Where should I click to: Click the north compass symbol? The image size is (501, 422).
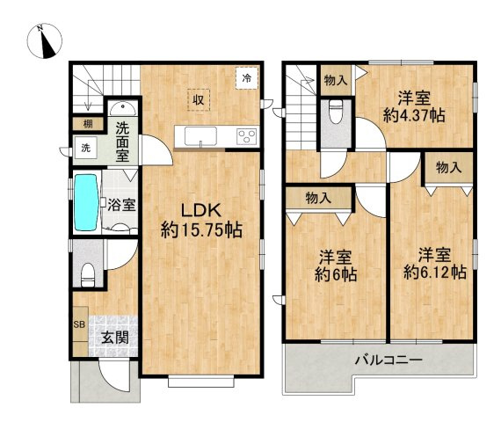[x=45, y=41]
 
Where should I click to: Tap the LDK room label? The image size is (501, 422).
[x=201, y=211]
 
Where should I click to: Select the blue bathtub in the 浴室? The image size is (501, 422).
[x=86, y=202]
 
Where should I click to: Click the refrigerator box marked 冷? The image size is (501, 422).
[x=247, y=78]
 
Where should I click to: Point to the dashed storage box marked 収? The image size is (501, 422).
[x=199, y=100]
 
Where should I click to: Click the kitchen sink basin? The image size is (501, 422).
[x=200, y=135]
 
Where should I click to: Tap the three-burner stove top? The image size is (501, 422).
[x=246, y=136]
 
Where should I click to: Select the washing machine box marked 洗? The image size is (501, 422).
[x=85, y=148]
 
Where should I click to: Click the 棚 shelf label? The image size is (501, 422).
[x=88, y=124]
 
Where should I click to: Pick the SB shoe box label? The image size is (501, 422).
[x=79, y=324]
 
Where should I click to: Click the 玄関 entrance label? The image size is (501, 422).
[x=115, y=338]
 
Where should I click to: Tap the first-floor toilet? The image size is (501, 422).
[x=88, y=274]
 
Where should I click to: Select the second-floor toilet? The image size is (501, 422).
[x=336, y=112]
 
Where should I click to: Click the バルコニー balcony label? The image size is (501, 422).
[x=388, y=360]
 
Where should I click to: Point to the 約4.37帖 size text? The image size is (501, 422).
[x=414, y=115]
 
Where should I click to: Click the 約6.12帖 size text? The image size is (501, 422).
[x=434, y=273]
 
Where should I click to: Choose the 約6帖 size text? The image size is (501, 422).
[x=336, y=274]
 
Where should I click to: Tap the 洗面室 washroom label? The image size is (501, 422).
[x=122, y=142]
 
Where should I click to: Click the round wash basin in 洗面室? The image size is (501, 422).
[x=123, y=109]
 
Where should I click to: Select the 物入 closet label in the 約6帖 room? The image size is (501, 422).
[x=318, y=198]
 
